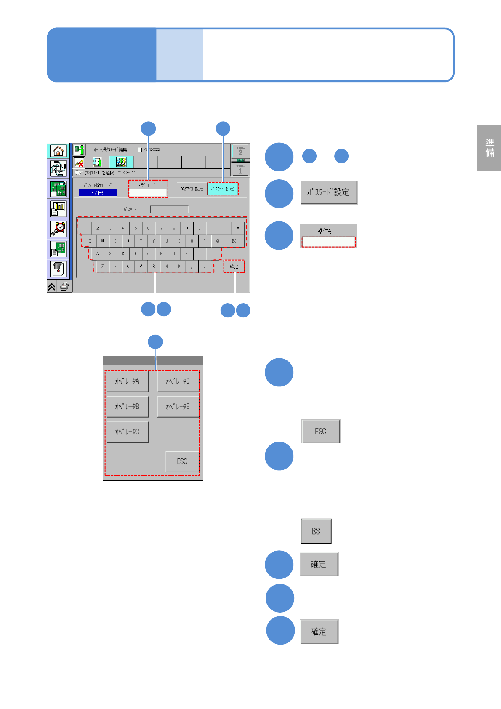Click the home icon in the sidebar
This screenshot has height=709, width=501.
58,151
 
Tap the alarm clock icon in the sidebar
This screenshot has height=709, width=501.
58,229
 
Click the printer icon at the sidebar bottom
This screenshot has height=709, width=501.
64,287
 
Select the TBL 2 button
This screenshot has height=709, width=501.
240,151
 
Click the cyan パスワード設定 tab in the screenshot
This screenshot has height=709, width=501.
223,189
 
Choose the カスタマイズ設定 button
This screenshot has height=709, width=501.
192,189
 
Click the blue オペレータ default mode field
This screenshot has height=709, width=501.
98,193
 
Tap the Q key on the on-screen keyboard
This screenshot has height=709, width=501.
90,241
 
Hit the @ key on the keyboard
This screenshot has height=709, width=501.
217,241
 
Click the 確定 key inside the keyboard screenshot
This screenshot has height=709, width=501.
234,267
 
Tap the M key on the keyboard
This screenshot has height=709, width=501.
179,267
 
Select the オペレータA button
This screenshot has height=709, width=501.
127,381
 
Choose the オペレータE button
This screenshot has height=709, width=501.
178,407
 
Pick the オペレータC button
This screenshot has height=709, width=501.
127,432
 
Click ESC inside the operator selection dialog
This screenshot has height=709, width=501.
182,461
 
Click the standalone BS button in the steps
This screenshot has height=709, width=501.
316,531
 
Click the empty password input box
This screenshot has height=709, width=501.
169,209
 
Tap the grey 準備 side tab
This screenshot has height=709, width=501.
489,148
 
